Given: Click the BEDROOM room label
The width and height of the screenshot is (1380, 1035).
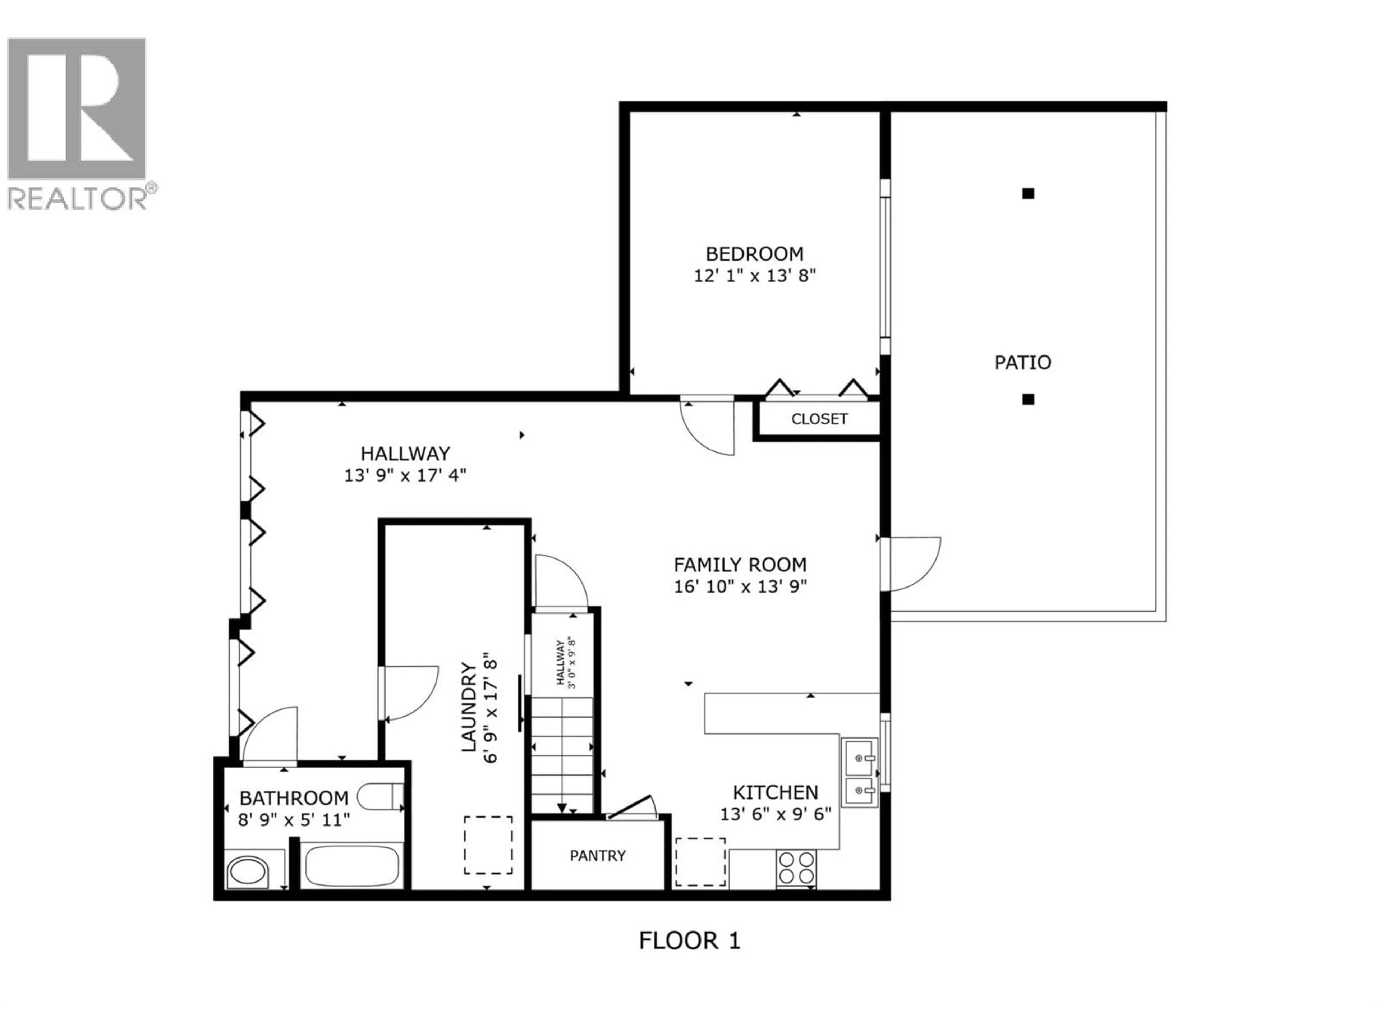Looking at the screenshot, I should pos(754,254).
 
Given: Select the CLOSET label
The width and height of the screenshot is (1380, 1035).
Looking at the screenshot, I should pos(819,419).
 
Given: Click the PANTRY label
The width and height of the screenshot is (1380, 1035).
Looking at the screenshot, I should pos(597,855).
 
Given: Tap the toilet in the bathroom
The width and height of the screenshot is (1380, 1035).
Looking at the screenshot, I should pos(379,797).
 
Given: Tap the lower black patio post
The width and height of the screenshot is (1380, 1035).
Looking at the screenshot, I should pos(1028,399).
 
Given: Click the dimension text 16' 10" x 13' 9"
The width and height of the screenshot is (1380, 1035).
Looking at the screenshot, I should pos(741,586).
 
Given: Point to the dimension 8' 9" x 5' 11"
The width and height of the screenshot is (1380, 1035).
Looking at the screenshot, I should pos(294,820).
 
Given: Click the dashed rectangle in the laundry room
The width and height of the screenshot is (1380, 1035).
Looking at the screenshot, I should pos(488,845).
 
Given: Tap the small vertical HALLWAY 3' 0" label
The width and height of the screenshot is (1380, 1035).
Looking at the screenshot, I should pos(565,663).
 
